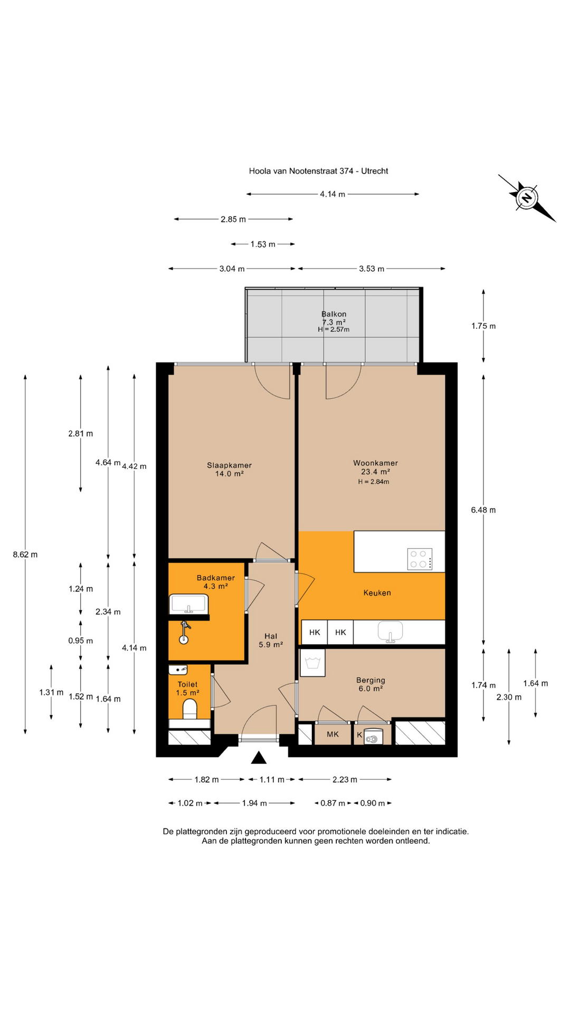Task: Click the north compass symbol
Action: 527,198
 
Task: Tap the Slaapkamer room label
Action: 229,465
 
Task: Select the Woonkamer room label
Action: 375,463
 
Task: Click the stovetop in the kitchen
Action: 420,559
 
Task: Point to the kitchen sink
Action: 390,632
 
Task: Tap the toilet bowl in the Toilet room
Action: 189,710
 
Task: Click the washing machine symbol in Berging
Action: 312,663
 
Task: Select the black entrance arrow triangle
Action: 259,758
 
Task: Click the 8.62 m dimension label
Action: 25,555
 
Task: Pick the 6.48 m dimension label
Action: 483,510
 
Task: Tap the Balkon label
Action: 334,314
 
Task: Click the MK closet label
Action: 332,734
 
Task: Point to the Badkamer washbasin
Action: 188,603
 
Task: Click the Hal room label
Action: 271,636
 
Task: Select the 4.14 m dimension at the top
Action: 332,194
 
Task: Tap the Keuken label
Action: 377,592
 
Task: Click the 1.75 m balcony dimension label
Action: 483,326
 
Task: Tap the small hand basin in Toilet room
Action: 178,670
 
